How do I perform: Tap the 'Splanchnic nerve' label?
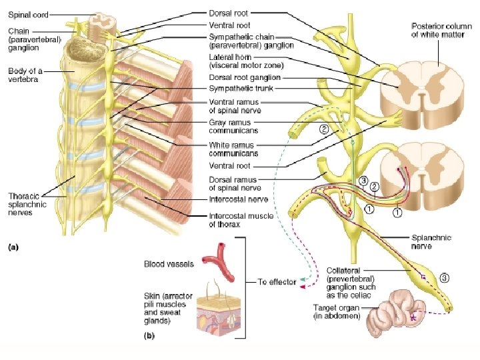tap(432, 241)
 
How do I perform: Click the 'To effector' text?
tap(277, 282)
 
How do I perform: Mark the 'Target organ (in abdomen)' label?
tap(337, 311)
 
